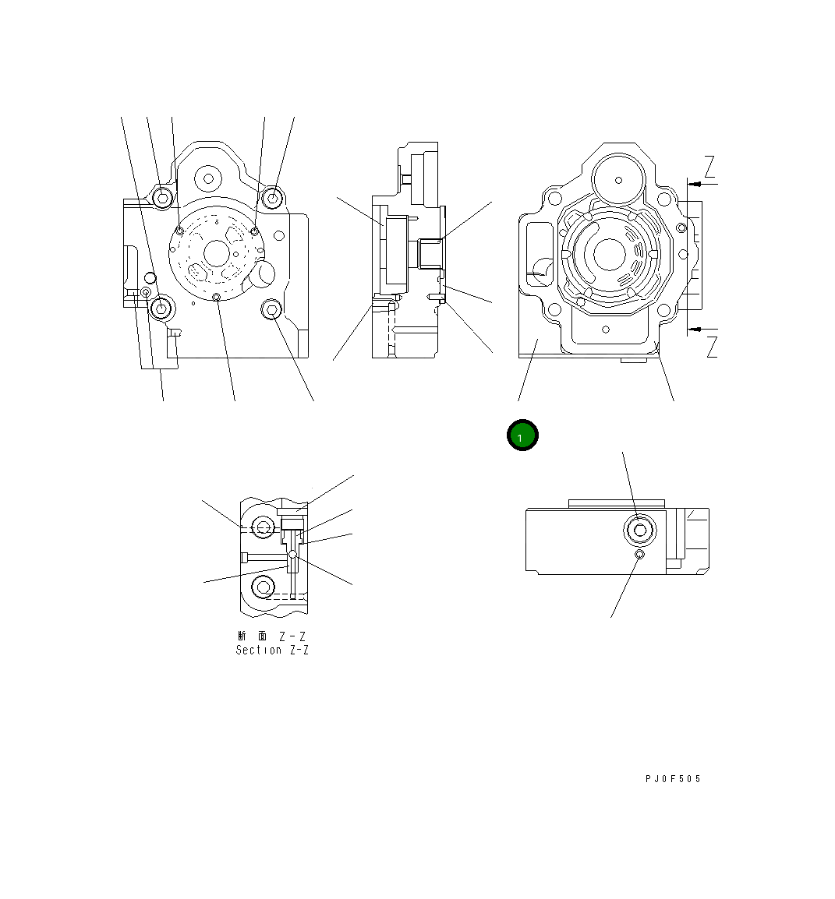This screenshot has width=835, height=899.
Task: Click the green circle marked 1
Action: tap(522, 435)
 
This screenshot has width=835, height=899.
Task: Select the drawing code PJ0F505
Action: tap(673, 779)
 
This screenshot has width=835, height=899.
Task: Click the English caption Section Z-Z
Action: tap(272, 650)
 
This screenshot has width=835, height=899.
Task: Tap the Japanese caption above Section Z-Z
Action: tap(272, 636)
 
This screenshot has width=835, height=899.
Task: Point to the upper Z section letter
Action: tap(709, 167)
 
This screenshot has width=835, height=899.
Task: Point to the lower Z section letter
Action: tap(711, 347)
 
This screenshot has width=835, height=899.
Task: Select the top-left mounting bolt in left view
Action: tap(162, 198)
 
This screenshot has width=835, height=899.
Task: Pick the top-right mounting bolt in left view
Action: tap(273, 198)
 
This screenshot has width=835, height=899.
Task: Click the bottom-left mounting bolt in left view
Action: tap(161, 308)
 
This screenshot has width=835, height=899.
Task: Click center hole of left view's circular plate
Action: tap(217, 252)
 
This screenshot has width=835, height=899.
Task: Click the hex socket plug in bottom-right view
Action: tap(640, 531)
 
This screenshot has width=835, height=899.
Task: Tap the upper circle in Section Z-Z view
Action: tap(264, 527)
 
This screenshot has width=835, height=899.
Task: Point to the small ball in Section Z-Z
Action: tap(292, 555)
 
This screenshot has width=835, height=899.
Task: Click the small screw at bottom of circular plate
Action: tap(217, 296)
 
